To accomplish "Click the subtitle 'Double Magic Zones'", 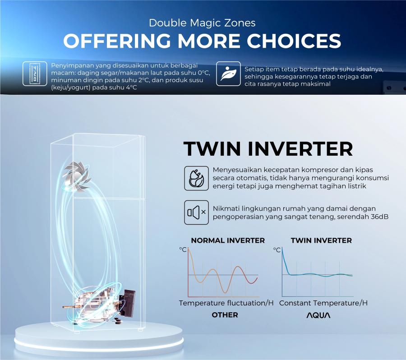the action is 202,23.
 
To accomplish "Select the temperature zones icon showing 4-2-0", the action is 35,74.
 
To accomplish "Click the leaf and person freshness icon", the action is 228,74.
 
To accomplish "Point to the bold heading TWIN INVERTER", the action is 268,149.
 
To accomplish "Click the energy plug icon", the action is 196,178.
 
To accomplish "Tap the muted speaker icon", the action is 196,212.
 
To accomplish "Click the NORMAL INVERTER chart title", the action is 228,240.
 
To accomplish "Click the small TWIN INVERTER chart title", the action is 321,240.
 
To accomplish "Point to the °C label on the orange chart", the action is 183,249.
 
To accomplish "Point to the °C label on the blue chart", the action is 277,249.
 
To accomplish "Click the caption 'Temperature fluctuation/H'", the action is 226,303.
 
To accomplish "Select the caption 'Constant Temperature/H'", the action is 323,303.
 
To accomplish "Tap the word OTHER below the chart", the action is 225,315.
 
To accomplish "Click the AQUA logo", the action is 318,315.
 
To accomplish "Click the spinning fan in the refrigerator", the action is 77,175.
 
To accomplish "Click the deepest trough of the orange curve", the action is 225,293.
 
